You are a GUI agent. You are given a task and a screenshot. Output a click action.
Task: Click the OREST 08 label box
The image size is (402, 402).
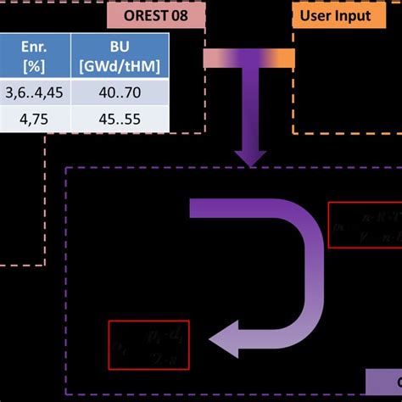[156, 15]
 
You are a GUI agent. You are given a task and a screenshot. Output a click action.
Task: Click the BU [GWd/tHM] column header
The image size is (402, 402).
[120, 56]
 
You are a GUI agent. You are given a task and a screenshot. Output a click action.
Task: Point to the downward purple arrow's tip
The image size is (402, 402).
[251, 161]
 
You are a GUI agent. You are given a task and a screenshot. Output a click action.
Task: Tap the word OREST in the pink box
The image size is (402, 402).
[146, 15]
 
